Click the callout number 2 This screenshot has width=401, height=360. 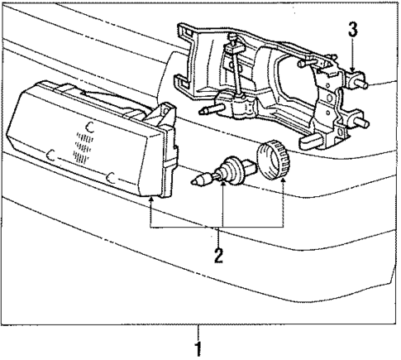[x=219, y=255]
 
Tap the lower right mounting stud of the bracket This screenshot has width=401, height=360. [x=361, y=121]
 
